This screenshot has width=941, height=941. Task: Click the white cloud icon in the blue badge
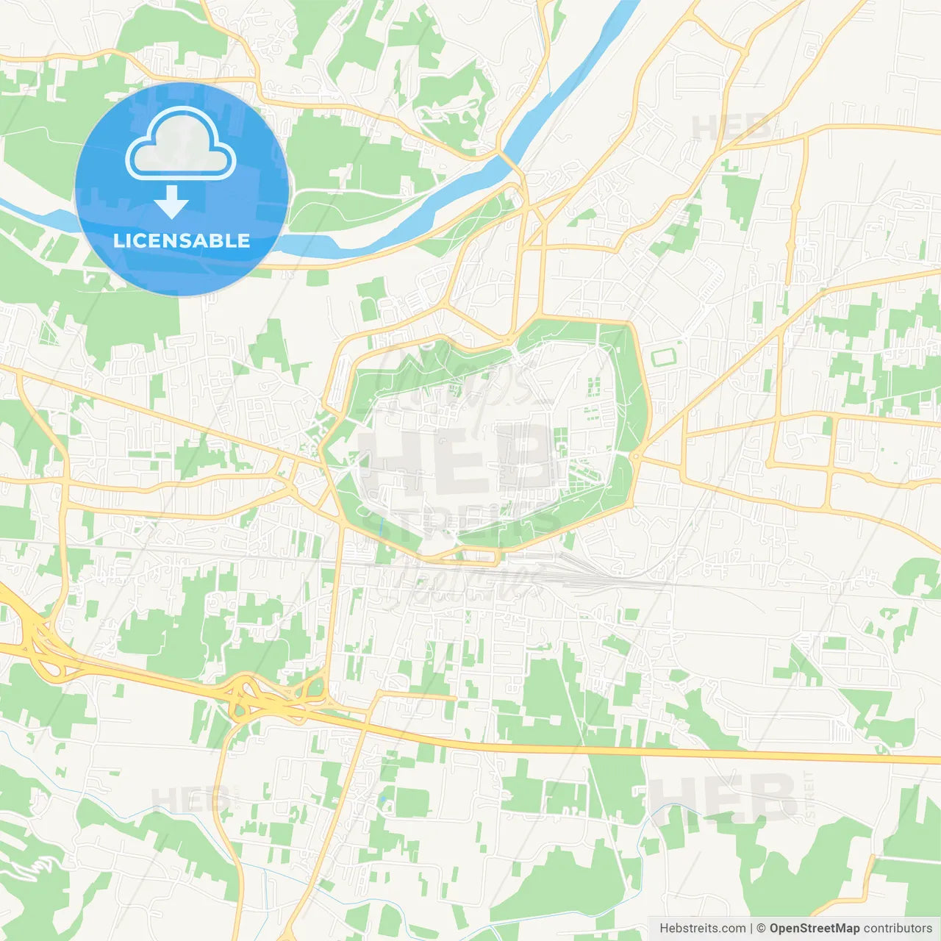coord(181,144)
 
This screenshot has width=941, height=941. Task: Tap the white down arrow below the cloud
coord(172,202)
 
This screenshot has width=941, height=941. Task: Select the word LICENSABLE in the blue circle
coord(182,240)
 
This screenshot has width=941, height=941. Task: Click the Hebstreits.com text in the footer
coord(702,929)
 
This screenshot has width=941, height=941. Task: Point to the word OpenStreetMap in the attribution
coord(814,929)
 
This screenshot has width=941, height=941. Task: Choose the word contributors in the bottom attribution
coord(897,929)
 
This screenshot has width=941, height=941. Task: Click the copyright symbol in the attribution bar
coord(761,929)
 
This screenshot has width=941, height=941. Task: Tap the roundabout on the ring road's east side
coord(636,457)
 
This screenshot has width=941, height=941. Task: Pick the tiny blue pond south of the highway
coord(382,799)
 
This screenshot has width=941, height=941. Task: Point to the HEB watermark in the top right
coord(731,129)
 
